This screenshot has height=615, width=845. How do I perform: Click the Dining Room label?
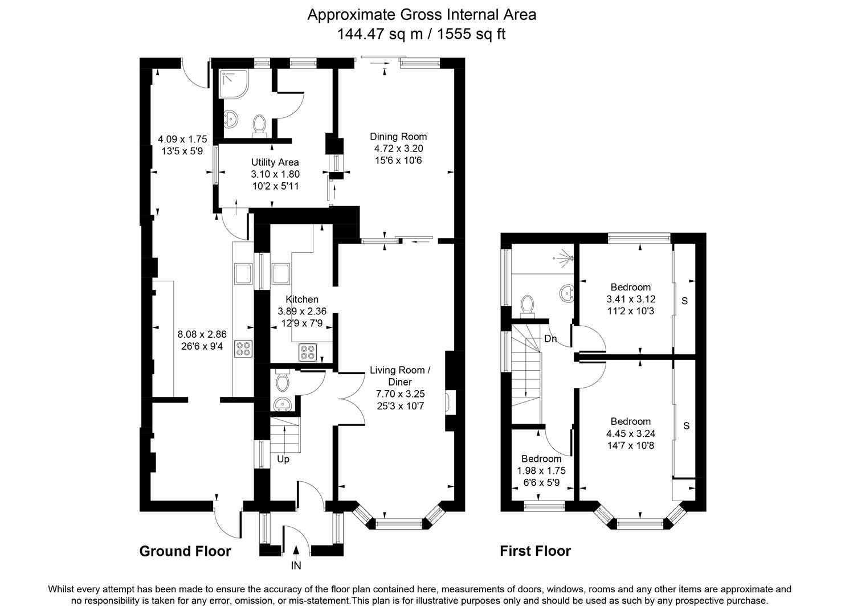[x=398, y=137]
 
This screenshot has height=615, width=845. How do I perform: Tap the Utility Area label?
[x=275, y=162]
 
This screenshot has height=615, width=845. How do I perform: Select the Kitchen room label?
[x=302, y=300]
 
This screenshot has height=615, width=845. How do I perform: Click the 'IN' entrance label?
[x=296, y=565]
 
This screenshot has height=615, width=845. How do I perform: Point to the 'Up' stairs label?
[x=283, y=459]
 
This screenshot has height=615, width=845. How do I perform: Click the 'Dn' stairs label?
[x=550, y=339]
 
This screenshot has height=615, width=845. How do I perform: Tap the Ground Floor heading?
[x=185, y=551]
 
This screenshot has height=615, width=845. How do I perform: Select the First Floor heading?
[x=535, y=551]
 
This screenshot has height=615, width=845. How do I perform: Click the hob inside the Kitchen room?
[x=309, y=352]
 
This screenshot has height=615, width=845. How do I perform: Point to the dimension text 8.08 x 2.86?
[x=202, y=335]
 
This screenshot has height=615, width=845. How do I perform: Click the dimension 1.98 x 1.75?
[x=541, y=471]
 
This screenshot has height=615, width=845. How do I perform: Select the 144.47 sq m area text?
[x=379, y=34]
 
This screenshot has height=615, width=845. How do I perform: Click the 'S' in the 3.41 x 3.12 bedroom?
[x=685, y=300]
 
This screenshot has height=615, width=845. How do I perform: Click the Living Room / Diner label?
[x=400, y=376]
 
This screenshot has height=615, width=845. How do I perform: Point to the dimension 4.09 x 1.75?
[x=182, y=139]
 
